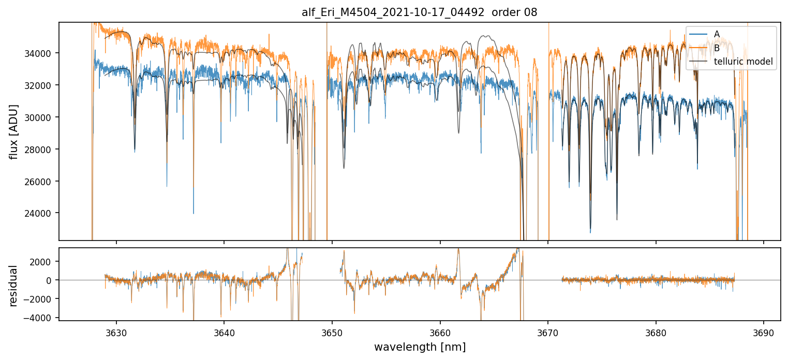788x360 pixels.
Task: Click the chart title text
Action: pos(419,12)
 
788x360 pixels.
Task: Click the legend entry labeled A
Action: pos(717,34)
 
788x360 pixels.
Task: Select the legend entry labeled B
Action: pos(717,48)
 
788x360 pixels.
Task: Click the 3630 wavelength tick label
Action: pos(116,332)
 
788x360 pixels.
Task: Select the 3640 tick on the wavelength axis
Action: pos(224,332)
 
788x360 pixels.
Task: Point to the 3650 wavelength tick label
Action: pos(332,332)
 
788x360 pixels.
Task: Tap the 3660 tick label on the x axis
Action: pos(440,332)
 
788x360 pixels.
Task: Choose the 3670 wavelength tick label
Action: pos(548,332)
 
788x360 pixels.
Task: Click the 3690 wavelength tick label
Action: pos(764,332)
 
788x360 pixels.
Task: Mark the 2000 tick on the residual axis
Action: pos(44,262)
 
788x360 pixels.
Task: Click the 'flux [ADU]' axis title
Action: pos(14,131)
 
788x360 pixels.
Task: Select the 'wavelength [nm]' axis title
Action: pos(419,347)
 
